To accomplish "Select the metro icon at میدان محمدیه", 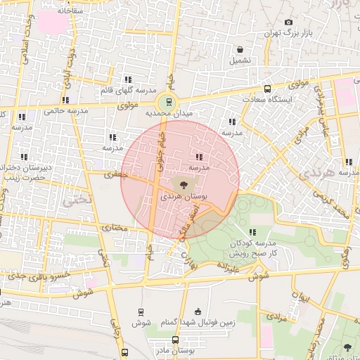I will point(167,101).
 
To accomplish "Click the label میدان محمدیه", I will point(169,113).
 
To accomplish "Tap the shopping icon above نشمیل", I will point(241,49).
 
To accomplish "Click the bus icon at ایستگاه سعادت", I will point(266,89).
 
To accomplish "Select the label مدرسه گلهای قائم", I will point(128,91).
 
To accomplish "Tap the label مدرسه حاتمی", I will point(65,111).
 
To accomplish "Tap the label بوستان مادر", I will point(171,349).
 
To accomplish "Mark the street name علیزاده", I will point(230,267).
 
